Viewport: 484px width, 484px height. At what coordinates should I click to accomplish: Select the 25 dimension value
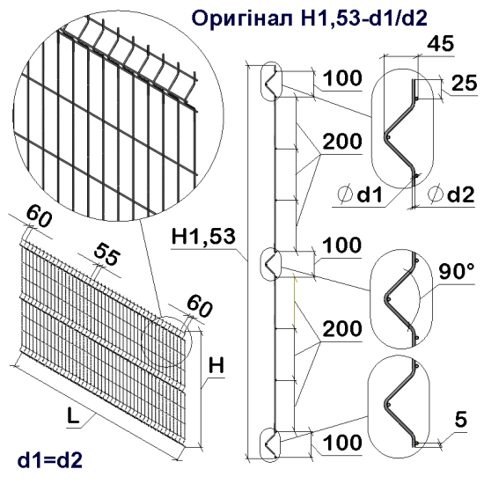tap(460, 84)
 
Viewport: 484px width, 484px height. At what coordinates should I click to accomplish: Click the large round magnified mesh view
tap(112, 112)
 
